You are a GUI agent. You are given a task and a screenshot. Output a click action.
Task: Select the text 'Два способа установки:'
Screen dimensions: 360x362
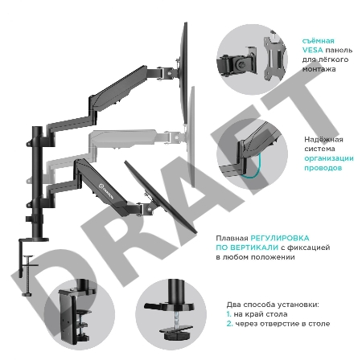(273, 305)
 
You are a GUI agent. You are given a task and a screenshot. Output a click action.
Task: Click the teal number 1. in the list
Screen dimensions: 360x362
(230, 314)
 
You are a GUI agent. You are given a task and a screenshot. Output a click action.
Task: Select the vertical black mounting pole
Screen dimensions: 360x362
(35, 177)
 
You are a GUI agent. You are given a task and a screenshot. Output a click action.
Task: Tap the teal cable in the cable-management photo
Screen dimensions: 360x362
(258, 166)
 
